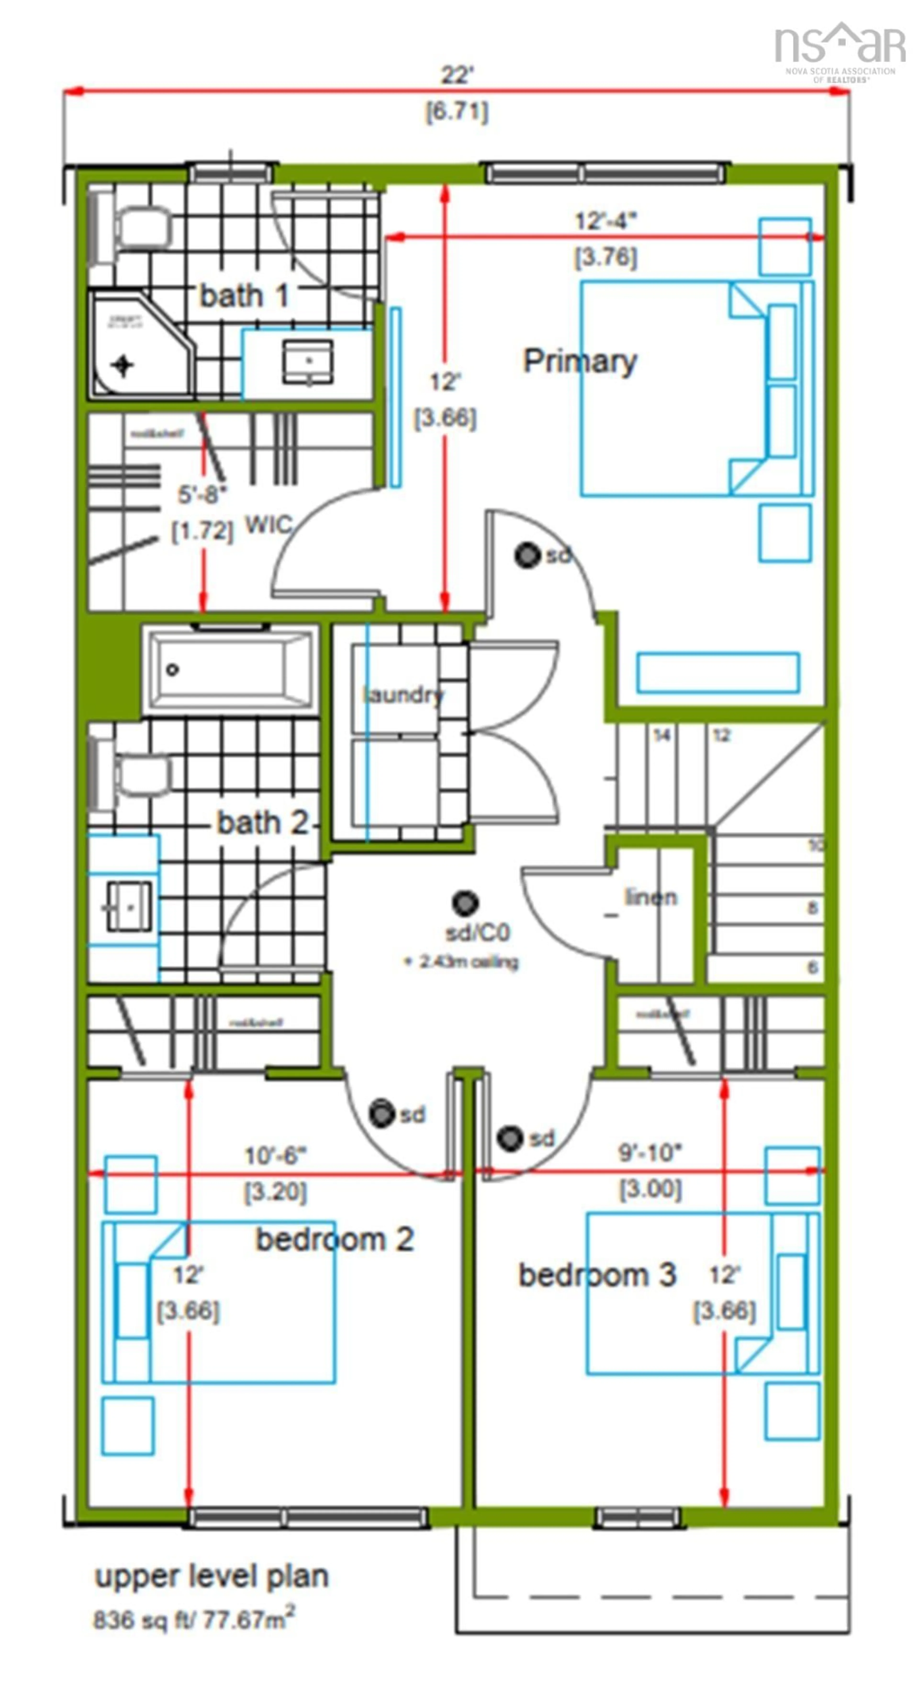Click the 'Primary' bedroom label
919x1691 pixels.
pos(579,362)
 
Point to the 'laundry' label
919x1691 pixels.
pos(402,694)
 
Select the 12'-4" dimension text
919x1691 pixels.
pos(605,221)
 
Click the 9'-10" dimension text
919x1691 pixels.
pos(650,1153)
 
